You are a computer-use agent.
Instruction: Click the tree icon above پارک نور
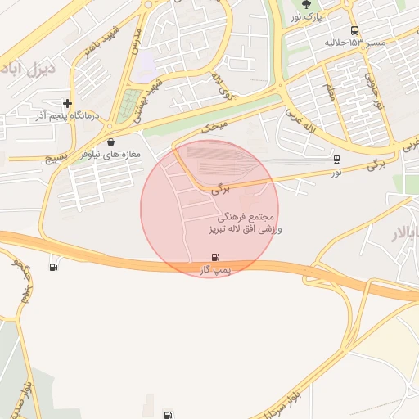tap(307, 4)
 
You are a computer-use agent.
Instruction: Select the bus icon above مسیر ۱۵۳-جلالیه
tap(354, 30)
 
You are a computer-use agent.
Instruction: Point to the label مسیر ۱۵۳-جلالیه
tap(354, 43)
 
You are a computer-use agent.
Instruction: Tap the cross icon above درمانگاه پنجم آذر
tap(67, 104)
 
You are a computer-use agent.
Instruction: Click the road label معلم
tap(331, 92)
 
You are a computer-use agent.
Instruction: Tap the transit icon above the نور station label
tap(336, 160)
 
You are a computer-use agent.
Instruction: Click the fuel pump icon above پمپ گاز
tap(215, 257)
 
